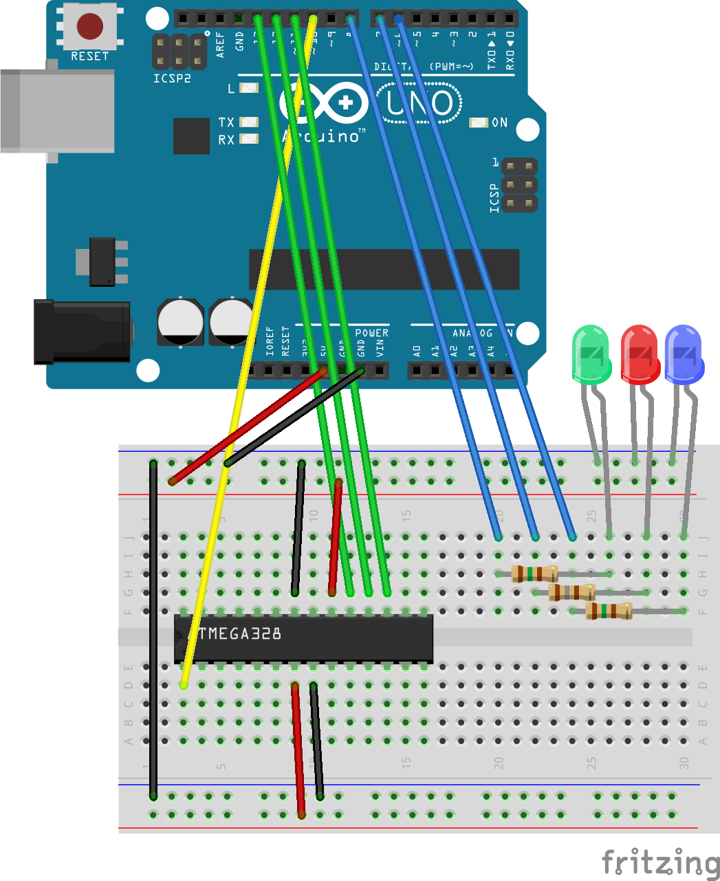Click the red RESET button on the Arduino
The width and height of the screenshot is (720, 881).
point(89,26)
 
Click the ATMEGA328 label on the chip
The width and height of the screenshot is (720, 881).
point(239,633)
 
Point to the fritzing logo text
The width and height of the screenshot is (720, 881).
point(660,862)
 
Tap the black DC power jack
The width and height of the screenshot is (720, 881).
point(83,331)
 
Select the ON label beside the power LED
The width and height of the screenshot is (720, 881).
point(500,122)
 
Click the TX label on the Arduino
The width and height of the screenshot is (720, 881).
point(226,122)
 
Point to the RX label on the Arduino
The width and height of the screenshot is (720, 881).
point(226,140)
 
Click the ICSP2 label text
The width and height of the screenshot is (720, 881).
point(172,79)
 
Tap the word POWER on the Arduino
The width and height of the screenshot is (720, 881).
point(372,333)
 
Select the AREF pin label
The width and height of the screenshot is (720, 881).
point(220,44)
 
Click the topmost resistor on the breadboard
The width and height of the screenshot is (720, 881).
point(535,574)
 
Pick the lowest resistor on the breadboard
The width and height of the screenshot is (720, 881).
point(609,611)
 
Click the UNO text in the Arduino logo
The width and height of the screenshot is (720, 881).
point(419,103)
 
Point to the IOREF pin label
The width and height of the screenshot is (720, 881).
point(270,340)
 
